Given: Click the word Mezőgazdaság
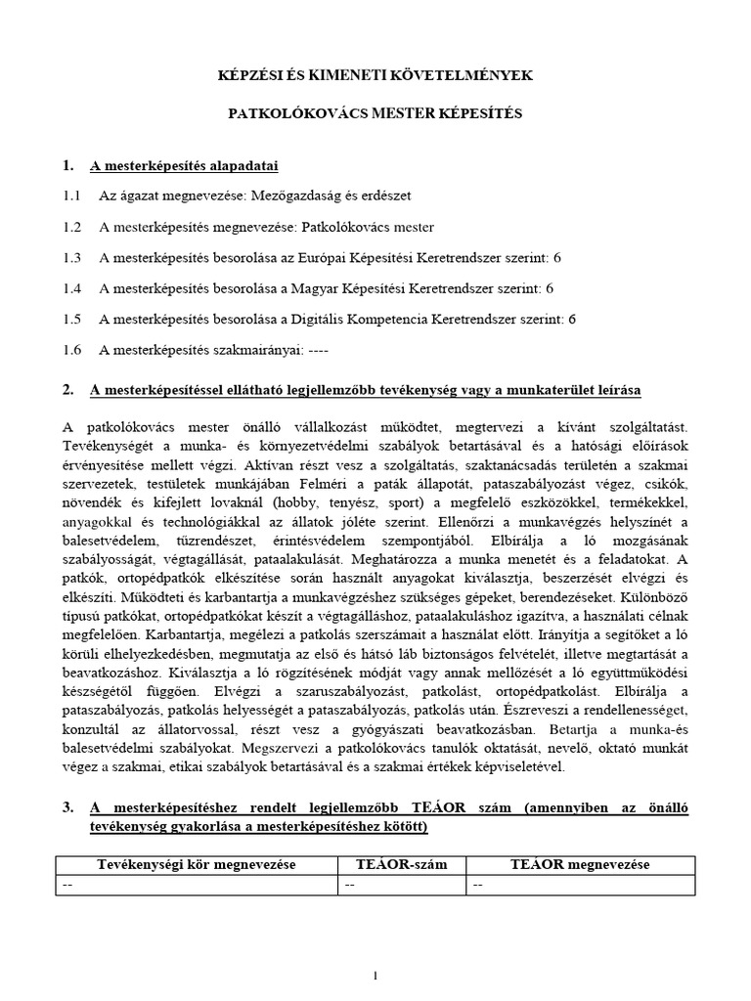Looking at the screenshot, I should (x=293, y=196).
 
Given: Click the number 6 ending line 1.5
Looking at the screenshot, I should (x=572, y=319).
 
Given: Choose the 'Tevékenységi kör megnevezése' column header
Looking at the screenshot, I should (x=197, y=865).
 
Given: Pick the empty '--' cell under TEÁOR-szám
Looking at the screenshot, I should (x=349, y=884).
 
